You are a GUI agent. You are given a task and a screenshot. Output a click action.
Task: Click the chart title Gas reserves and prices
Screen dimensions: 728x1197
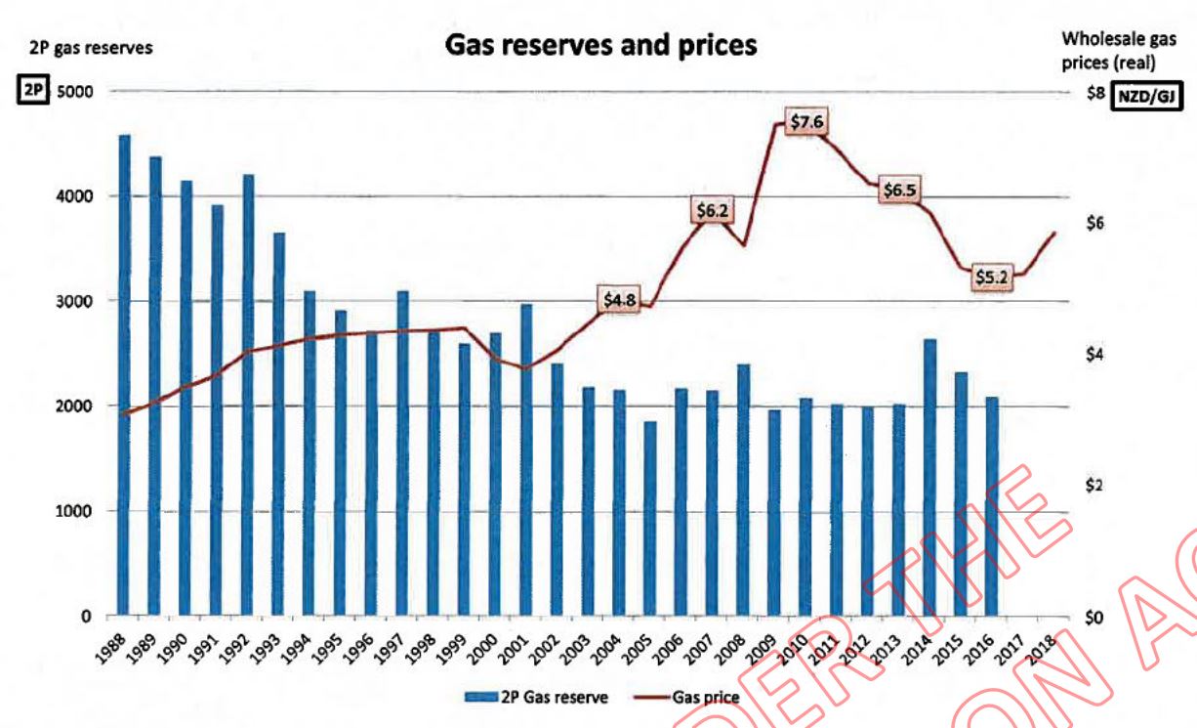tap(600, 45)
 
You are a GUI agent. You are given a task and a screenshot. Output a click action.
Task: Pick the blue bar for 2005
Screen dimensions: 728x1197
tap(650, 519)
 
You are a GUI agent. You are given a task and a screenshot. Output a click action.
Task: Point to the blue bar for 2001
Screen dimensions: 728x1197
tap(526, 459)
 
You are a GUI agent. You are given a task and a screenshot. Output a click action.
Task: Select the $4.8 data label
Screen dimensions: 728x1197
tap(619, 300)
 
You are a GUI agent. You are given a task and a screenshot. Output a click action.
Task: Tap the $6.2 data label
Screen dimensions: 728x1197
tap(713, 209)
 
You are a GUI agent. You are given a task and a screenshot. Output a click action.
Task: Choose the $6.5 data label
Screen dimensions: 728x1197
tap(898, 191)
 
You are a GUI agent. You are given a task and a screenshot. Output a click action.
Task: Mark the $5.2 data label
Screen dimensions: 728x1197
tap(992, 278)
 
